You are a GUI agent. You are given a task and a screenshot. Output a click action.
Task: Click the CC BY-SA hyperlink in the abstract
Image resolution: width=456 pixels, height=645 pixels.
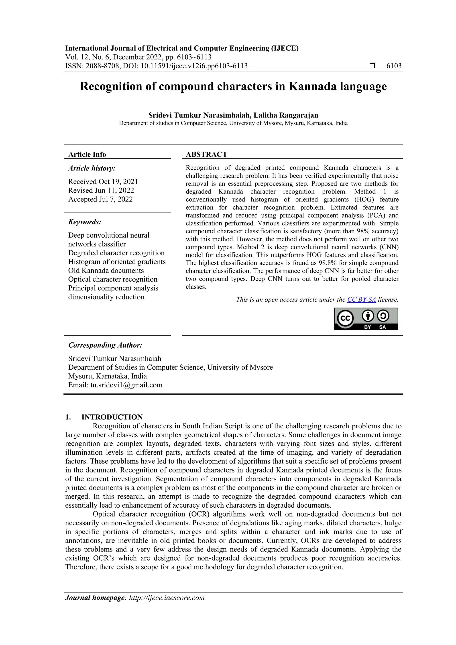(361, 299)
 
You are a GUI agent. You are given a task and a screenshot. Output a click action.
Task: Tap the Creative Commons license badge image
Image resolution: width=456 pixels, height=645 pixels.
(366, 319)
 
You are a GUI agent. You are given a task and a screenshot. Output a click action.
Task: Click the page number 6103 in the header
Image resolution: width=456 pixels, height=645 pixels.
(394, 66)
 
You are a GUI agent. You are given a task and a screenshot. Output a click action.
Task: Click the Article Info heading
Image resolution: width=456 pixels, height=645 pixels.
(87, 154)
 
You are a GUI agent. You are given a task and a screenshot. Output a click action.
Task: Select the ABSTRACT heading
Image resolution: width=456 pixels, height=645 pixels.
(206, 154)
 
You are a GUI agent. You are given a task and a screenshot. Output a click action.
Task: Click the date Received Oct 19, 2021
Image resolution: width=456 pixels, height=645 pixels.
(103, 181)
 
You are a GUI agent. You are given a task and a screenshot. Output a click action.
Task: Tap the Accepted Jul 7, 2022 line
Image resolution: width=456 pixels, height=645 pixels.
(100, 199)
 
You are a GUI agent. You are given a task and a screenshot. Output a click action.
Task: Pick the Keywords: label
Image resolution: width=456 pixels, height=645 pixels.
(85, 222)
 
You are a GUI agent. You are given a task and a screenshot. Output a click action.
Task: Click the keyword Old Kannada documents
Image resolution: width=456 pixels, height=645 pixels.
(106, 271)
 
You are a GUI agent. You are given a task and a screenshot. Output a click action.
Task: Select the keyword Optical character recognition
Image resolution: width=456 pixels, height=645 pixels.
(113, 279)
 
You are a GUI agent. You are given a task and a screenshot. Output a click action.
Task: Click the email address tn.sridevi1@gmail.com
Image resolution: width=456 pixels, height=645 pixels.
(126, 385)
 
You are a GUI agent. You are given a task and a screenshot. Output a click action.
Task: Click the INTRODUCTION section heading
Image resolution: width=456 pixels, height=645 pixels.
(112, 417)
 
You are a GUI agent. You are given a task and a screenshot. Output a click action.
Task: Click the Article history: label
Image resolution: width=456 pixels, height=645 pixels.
(92, 168)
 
